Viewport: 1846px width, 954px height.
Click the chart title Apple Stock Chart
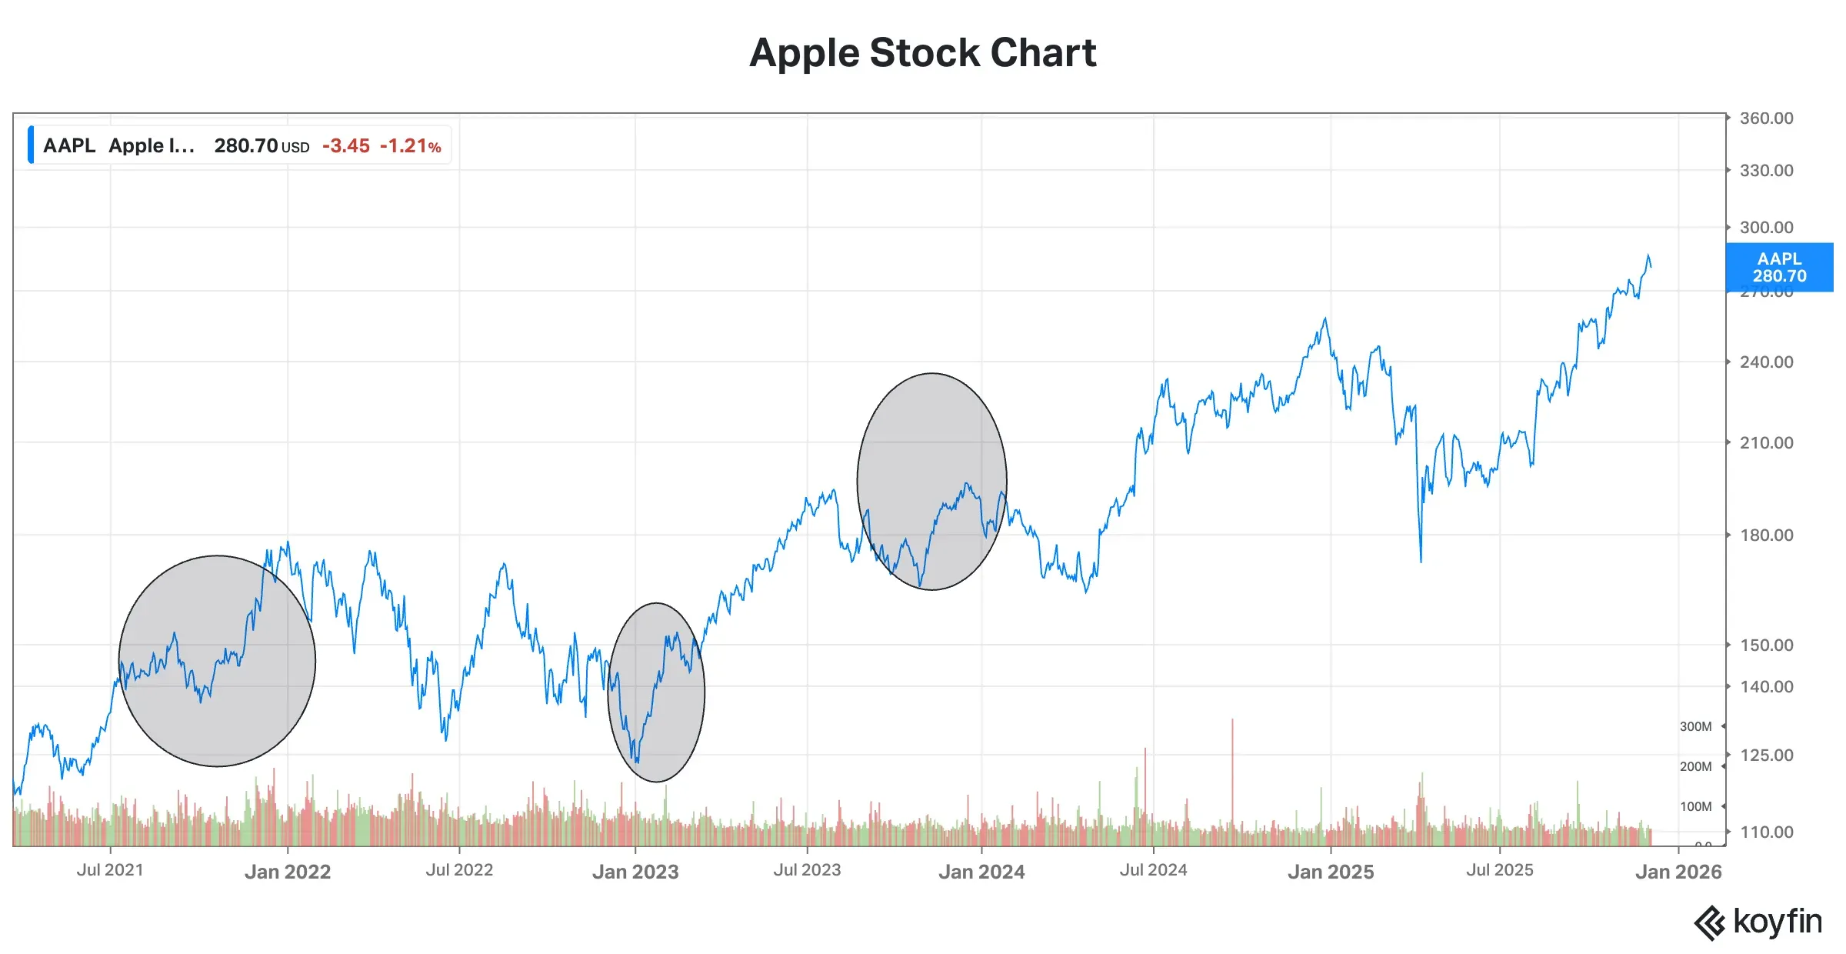(x=922, y=53)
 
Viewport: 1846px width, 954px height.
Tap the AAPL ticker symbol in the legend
(x=69, y=145)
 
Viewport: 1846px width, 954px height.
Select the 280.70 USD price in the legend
(x=261, y=145)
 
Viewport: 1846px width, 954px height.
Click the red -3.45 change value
(x=345, y=145)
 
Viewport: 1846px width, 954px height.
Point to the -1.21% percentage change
(x=410, y=145)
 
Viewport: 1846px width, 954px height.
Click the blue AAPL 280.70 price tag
(x=1779, y=267)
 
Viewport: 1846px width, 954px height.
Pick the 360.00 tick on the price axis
(x=1766, y=118)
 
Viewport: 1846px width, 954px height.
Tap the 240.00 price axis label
(x=1766, y=362)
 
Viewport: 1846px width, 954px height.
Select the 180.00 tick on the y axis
(x=1766, y=535)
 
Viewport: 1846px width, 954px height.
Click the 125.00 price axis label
(x=1766, y=755)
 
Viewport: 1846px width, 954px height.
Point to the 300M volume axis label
(x=1695, y=726)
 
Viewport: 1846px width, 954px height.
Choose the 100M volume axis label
(x=1695, y=806)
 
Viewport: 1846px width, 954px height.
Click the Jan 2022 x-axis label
(x=288, y=872)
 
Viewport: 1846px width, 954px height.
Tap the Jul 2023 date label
(x=807, y=870)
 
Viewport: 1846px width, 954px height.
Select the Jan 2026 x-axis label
(x=1678, y=872)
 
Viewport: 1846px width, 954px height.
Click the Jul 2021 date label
(x=110, y=870)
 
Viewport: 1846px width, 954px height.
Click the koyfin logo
(x=1758, y=922)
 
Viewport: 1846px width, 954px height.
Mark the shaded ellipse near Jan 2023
(x=656, y=692)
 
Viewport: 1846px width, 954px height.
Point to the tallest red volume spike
(x=1232, y=769)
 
